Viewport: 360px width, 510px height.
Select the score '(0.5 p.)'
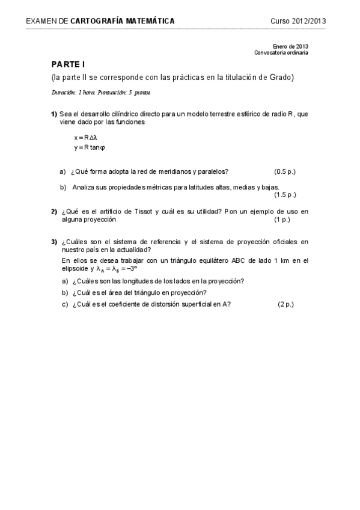285,171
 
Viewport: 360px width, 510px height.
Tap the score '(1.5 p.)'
285,195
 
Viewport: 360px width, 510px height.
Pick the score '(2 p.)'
285,304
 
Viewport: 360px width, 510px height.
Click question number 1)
53,114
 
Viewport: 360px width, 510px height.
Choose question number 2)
53,212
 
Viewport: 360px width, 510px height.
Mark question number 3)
53,242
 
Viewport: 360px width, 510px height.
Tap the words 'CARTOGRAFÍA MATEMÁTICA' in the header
123,21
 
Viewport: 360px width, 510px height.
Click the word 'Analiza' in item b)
83,187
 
